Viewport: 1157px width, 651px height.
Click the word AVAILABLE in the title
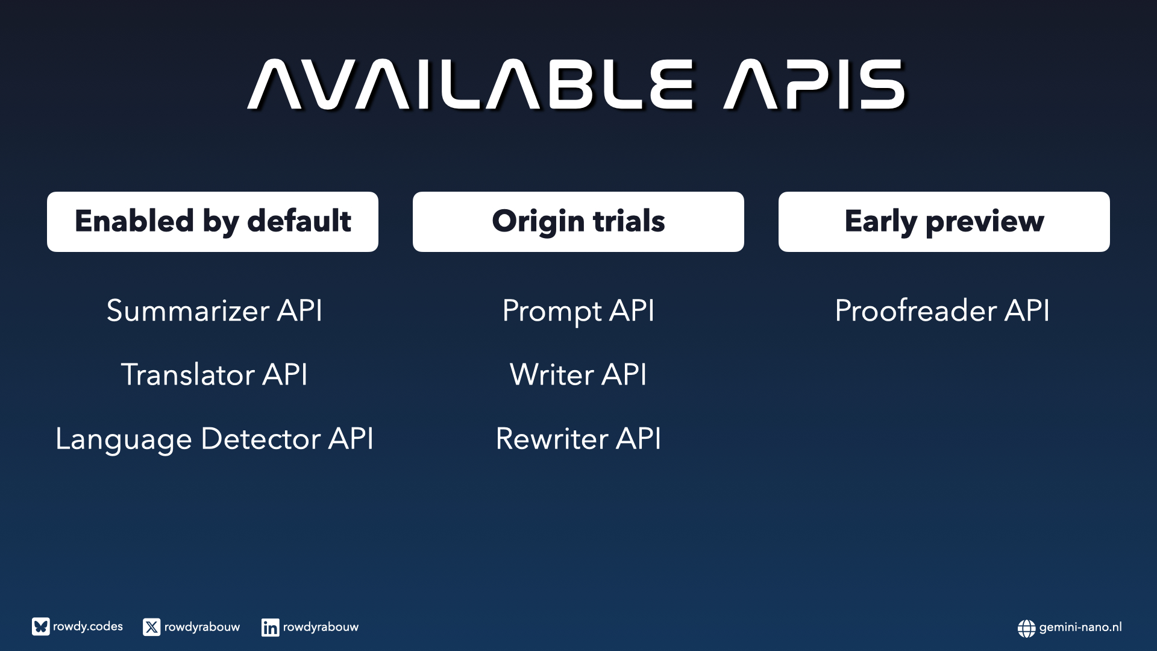[x=471, y=84]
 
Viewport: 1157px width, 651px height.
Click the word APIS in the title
[x=815, y=84]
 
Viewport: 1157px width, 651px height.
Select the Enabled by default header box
[x=213, y=222]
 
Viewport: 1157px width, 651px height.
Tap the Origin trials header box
[x=578, y=222]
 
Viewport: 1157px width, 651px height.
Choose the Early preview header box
[x=944, y=222]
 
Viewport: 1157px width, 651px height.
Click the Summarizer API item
[x=215, y=311]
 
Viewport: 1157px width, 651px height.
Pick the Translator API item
[x=215, y=374]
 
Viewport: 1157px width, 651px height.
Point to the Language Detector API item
[x=215, y=439]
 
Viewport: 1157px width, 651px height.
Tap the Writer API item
[x=578, y=374]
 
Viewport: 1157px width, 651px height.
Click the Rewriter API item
[x=578, y=438]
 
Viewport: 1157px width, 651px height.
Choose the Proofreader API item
[x=942, y=311]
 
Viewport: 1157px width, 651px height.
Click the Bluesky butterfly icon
[x=41, y=627]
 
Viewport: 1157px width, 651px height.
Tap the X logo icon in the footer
[x=152, y=627]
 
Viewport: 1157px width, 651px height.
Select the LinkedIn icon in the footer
[x=271, y=627]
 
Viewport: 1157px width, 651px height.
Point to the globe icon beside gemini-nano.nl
[x=1027, y=628]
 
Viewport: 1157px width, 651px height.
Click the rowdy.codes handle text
[x=88, y=627]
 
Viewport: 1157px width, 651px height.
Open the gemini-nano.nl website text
[x=1080, y=627]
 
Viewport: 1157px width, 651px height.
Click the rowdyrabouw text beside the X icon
[x=202, y=627]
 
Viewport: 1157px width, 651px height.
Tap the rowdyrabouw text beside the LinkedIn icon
[x=321, y=627]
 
